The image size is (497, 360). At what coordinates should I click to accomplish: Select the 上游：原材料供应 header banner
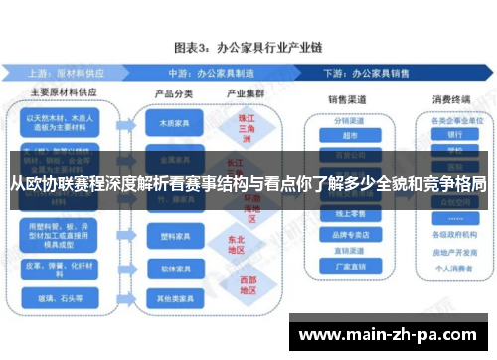click(80, 73)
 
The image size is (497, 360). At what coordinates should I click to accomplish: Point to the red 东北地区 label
click(235, 245)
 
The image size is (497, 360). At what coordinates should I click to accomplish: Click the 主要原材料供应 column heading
click(63, 93)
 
